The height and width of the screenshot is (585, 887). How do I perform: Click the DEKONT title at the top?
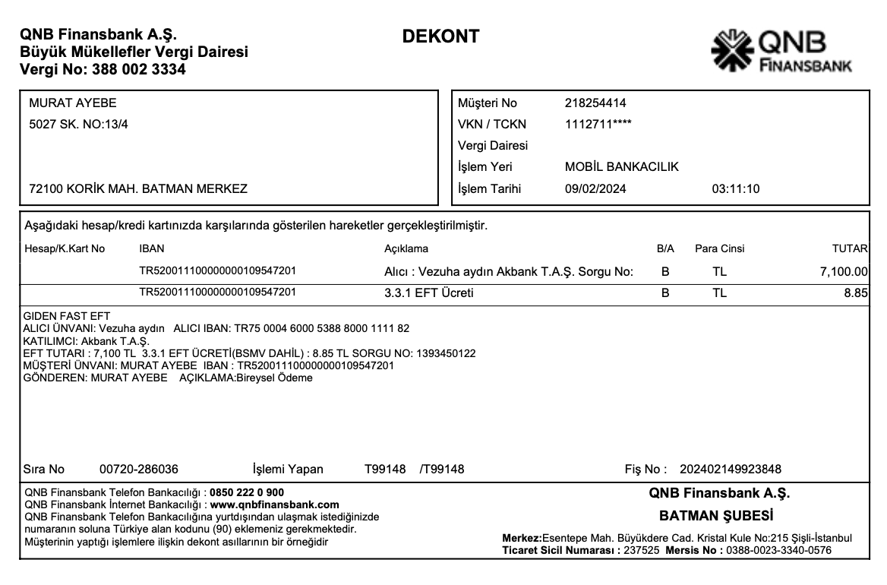[440, 36]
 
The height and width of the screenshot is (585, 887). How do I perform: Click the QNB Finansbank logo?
[780, 52]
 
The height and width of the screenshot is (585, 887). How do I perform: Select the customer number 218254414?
[595, 103]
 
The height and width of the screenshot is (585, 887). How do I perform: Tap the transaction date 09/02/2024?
[595, 189]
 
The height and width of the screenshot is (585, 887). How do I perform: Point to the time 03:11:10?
[735, 189]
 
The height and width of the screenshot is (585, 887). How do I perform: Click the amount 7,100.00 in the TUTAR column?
[844, 271]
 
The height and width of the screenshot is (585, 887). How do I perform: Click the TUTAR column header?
[850, 248]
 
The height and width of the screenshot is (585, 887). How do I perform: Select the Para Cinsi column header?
[719, 248]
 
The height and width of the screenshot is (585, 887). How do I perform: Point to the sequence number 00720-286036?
[139, 469]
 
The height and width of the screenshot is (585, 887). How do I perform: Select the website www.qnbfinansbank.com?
[274, 504]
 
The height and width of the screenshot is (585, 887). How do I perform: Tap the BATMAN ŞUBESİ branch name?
[716, 516]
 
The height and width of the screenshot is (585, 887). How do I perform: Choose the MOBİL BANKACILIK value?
[621, 167]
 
